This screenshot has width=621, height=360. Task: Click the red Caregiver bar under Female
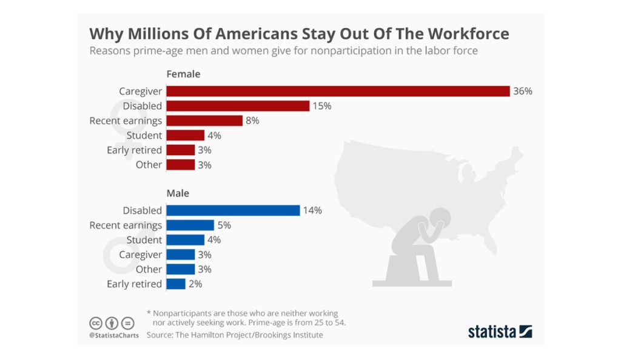click(x=338, y=91)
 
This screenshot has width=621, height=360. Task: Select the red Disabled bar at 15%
click(x=238, y=106)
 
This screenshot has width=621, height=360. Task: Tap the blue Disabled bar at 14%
click(x=233, y=210)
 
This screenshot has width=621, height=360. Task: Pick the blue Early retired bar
click(x=175, y=284)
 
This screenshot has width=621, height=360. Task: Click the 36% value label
click(x=522, y=91)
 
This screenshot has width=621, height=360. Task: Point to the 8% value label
click(x=252, y=121)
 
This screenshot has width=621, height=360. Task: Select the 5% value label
click(x=224, y=225)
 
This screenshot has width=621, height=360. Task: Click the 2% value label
click(x=195, y=284)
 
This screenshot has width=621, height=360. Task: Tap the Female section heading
click(x=183, y=74)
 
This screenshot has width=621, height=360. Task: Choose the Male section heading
click(x=178, y=193)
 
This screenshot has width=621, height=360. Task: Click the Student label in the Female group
click(x=144, y=135)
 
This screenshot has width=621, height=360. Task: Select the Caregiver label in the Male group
click(x=140, y=255)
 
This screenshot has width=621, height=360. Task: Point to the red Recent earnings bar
click(x=204, y=121)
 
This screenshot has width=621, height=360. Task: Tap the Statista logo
click(x=500, y=332)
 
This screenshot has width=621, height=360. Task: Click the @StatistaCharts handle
click(x=114, y=335)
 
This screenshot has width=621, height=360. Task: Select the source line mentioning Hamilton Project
click(x=235, y=335)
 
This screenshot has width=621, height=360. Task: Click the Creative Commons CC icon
click(x=96, y=322)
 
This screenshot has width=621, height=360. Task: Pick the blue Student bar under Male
click(x=185, y=240)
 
